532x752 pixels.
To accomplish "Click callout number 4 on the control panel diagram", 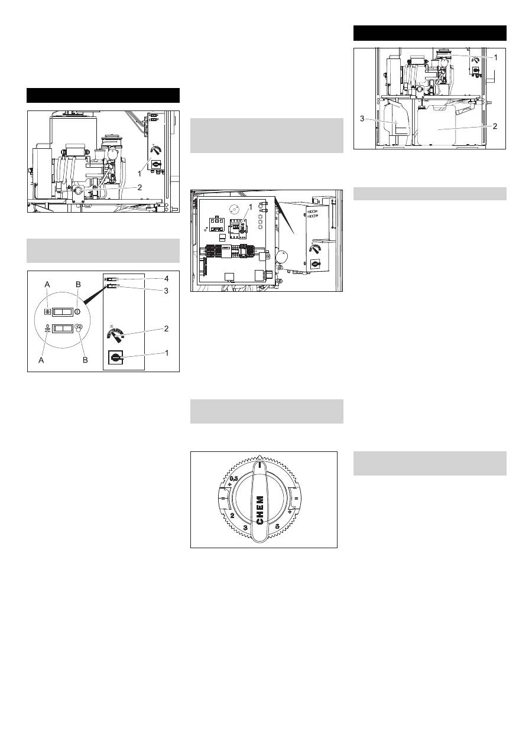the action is [x=166, y=279].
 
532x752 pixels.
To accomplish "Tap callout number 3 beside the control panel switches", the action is [x=166, y=291].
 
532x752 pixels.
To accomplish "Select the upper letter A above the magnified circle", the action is [x=47, y=285].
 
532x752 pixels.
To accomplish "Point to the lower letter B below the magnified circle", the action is [x=85, y=360].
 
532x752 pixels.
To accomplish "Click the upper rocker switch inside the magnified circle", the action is [x=62, y=311].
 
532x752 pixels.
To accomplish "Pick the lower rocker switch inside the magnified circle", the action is [x=62, y=328].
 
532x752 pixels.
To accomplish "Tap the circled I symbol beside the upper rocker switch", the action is [x=77, y=311].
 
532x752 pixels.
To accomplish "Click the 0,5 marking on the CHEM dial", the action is [x=234, y=478].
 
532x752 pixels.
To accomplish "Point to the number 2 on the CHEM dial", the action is [x=232, y=515].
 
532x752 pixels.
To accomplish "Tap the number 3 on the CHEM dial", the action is [x=245, y=528].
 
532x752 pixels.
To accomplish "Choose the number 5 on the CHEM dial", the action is [x=277, y=526].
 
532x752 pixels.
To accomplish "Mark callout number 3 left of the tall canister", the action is [x=362, y=119].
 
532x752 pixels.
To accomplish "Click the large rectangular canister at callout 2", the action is [x=436, y=126].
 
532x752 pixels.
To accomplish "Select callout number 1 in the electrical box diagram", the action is [x=250, y=208].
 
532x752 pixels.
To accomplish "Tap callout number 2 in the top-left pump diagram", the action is [x=140, y=187].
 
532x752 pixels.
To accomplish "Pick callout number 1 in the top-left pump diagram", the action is [x=140, y=174].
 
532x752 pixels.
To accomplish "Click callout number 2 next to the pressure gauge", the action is [x=166, y=328].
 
